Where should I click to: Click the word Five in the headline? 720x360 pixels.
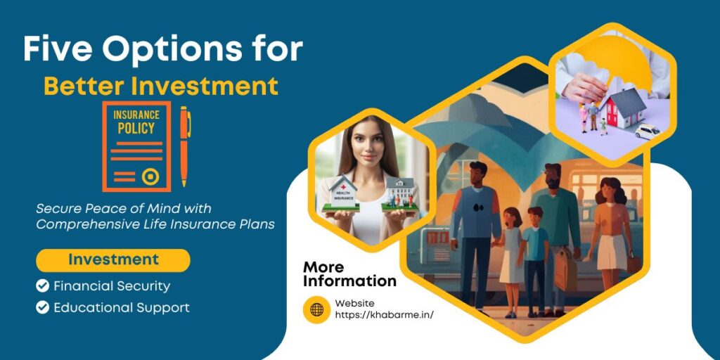point(56,50)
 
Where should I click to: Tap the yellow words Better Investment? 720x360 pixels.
point(161,86)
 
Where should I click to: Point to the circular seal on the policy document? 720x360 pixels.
point(150,176)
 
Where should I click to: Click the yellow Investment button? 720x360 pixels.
point(113,260)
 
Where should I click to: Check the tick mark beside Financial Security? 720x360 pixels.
point(43,286)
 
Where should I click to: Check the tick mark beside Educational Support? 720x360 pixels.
point(43,307)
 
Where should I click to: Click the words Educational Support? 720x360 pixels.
point(122,307)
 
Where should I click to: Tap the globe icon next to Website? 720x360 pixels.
point(316,309)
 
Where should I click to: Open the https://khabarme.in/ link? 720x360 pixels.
point(384,314)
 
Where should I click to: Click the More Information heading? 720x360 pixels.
point(349,274)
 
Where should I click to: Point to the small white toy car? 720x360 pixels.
point(647,131)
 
